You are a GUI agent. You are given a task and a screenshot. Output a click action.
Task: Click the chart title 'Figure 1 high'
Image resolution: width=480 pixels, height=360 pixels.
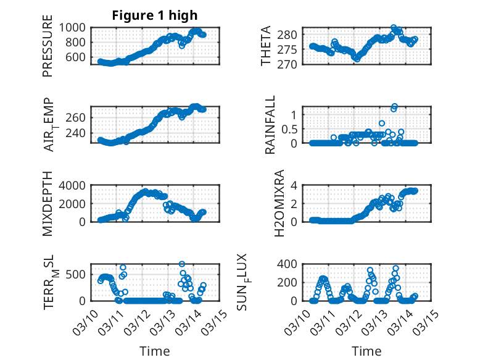(155, 15)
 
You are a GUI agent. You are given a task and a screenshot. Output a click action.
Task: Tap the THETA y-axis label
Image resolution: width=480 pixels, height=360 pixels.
(266, 46)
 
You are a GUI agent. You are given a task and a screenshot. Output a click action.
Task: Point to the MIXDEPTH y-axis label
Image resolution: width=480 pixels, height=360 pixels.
(48, 204)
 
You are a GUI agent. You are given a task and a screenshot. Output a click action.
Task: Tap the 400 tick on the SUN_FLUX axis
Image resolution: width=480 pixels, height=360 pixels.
(291, 264)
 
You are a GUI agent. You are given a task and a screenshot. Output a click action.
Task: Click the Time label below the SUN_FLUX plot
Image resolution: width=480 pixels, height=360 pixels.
(366, 351)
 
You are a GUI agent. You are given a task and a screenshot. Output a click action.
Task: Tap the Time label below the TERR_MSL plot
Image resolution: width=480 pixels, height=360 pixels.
(155, 351)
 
